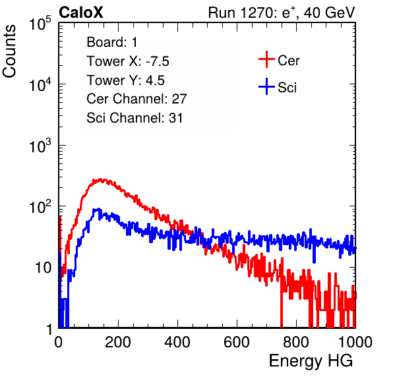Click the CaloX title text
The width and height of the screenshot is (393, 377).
[81, 13]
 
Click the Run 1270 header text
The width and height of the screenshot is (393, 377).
[282, 13]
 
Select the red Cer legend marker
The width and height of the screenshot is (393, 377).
[266, 59]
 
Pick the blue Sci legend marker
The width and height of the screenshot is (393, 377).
[266, 87]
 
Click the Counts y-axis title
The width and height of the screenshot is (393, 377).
[9, 51]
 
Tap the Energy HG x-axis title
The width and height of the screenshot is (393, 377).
[311, 361]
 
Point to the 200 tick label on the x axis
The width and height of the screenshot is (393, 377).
[118, 342]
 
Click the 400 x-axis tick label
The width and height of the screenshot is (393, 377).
[177, 342]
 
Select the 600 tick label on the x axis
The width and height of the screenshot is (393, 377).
[237, 342]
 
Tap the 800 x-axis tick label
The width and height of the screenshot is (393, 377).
[296, 342]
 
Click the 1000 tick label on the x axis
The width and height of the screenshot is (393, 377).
[355, 342]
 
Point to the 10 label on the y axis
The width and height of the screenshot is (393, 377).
[44, 268]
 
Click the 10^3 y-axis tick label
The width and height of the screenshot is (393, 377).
[40, 145]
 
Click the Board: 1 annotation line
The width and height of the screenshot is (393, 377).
[112, 42]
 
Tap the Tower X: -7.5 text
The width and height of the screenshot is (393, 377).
[128, 61]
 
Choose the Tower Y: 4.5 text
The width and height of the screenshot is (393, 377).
[125, 80]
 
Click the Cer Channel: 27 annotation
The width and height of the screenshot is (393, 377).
[136, 99]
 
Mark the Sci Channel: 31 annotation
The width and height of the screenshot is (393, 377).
[135, 118]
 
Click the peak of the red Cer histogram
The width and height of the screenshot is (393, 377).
[101, 179]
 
